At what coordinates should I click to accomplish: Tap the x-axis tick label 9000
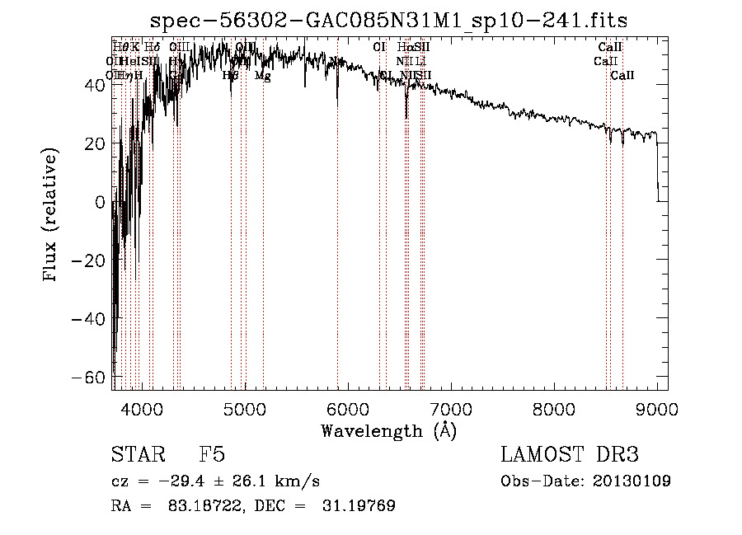tap(656, 408)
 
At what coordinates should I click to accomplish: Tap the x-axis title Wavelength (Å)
tap(388, 430)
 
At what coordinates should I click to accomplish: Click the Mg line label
tap(262, 76)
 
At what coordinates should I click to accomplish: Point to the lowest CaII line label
tap(622, 76)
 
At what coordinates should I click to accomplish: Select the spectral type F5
tap(212, 455)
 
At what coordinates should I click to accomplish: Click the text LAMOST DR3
tap(570, 455)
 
